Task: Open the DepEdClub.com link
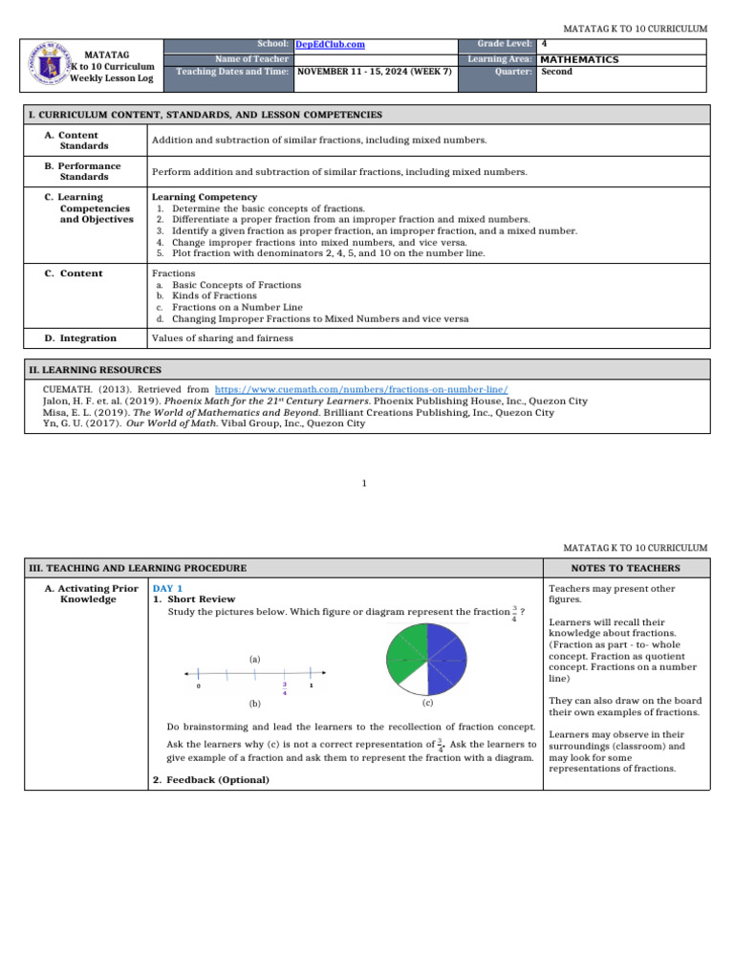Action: pyautogui.click(x=329, y=45)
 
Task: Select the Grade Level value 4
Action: pyautogui.click(x=544, y=44)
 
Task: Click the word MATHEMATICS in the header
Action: pyautogui.click(x=579, y=59)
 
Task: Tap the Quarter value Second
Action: pyautogui.click(x=556, y=72)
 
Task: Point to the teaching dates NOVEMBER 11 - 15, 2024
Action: pyautogui.click(x=375, y=72)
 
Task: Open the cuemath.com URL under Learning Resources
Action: pyautogui.click(x=361, y=390)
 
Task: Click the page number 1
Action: pyautogui.click(x=364, y=484)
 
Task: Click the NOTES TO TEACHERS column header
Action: pyautogui.click(x=626, y=568)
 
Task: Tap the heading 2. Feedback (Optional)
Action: pyautogui.click(x=210, y=780)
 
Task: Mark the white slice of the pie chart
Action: pyautogui.click(x=412, y=681)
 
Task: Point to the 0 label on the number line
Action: pyautogui.click(x=198, y=686)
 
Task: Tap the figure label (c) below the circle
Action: pyautogui.click(x=427, y=703)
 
